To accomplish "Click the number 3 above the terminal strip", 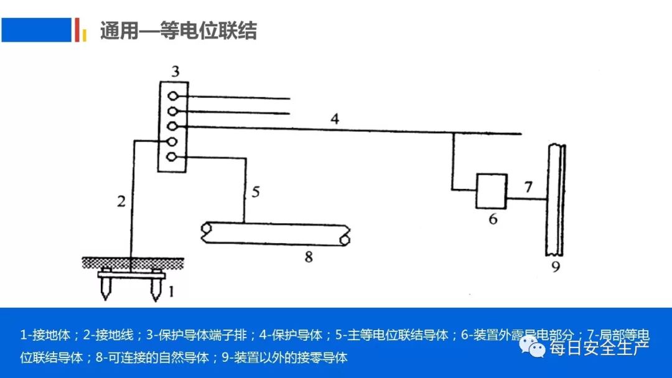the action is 175,72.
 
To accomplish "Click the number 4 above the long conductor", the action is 335,119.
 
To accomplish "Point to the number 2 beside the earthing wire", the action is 121,201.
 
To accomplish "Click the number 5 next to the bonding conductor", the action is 255,191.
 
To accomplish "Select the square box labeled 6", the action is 492,190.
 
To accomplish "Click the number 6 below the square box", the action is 493,219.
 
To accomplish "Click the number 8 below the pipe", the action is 308,257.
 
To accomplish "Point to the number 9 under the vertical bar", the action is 556,268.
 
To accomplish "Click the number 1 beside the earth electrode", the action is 172,290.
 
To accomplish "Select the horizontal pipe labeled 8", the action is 274,233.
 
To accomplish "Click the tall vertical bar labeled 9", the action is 556,199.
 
